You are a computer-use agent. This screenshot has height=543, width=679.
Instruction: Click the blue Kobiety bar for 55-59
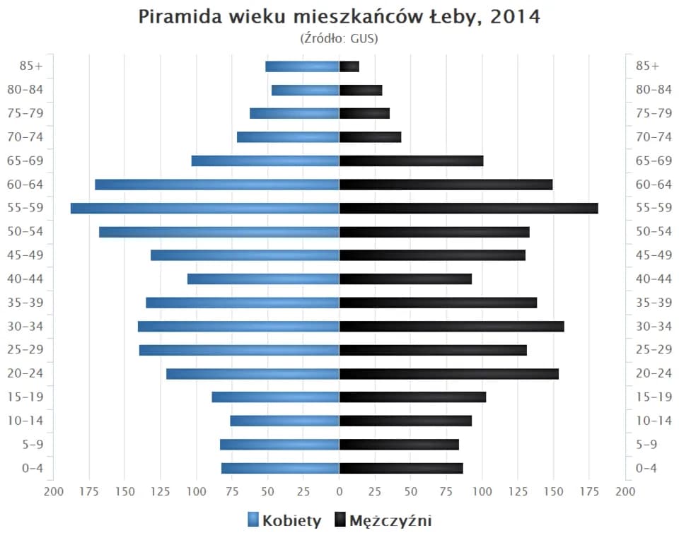(204, 208)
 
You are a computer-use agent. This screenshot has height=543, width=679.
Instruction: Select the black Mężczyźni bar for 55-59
(468, 208)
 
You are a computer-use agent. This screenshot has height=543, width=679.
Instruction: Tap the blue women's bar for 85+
(302, 66)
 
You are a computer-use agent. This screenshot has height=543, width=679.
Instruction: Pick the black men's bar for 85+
(349, 66)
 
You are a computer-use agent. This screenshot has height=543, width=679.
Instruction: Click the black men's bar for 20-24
(448, 373)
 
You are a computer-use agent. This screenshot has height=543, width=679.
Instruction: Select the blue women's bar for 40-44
(263, 279)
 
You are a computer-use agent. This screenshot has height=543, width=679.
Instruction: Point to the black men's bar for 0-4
(401, 468)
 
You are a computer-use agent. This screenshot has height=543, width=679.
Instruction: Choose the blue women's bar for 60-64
(217, 185)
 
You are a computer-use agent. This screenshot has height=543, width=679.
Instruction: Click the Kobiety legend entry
(284, 521)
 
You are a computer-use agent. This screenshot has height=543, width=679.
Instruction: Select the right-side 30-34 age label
(654, 326)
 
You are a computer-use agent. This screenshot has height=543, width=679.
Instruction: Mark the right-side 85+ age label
(647, 66)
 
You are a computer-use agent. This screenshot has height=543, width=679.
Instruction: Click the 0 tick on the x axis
(339, 492)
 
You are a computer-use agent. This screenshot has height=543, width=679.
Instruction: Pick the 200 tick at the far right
(625, 492)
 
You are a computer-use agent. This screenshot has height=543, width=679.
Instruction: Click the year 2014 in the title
(516, 16)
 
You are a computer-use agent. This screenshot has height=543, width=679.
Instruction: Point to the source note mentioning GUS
(339, 38)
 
